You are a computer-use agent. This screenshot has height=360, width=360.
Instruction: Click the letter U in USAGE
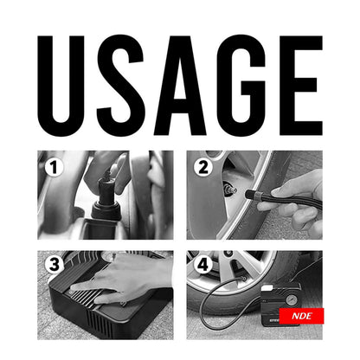(x=61, y=85)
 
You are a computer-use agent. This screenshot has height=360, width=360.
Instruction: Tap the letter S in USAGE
(x=120, y=85)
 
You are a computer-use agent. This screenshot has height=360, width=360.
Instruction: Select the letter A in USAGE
(x=180, y=86)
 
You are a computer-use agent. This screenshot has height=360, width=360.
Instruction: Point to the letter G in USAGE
(x=241, y=85)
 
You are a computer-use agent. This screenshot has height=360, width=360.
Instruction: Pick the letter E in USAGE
(x=301, y=86)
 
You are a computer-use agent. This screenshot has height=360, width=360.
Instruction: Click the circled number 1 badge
(x=54, y=167)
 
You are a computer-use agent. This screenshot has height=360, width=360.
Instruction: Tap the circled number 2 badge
(x=202, y=167)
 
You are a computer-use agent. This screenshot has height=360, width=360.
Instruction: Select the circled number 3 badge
(x=54, y=264)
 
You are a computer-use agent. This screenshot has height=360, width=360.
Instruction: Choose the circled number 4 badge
(x=202, y=264)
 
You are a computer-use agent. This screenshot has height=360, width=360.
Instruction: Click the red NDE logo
(x=302, y=316)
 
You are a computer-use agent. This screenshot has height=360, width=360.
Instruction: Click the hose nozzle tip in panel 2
(x=249, y=194)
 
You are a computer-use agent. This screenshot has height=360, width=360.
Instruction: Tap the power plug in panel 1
(x=106, y=196)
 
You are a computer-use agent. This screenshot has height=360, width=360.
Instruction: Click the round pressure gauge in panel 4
(x=291, y=300)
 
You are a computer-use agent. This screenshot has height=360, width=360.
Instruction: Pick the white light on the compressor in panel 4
(x=267, y=288)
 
